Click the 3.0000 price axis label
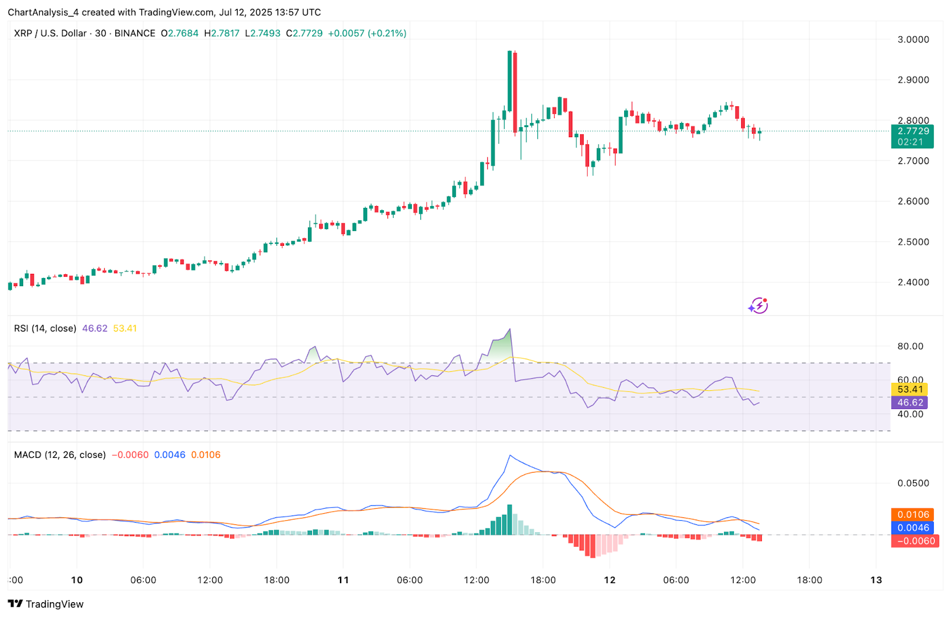click(913, 40)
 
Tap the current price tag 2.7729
click(912, 131)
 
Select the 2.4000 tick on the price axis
click(913, 282)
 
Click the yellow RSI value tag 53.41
click(909, 390)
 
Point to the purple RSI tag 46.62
click(909, 403)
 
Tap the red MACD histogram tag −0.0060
click(915, 541)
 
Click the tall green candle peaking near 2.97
click(509, 83)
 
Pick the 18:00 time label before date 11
click(276, 580)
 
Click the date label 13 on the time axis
click(876, 580)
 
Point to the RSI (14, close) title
click(45, 328)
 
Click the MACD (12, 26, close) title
click(59, 455)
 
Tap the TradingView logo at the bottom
click(46, 604)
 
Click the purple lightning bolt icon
click(758, 306)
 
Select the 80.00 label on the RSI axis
click(910, 346)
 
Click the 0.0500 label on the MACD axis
click(913, 483)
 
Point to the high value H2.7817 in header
click(222, 33)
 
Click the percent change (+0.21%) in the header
click(387, 33)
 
